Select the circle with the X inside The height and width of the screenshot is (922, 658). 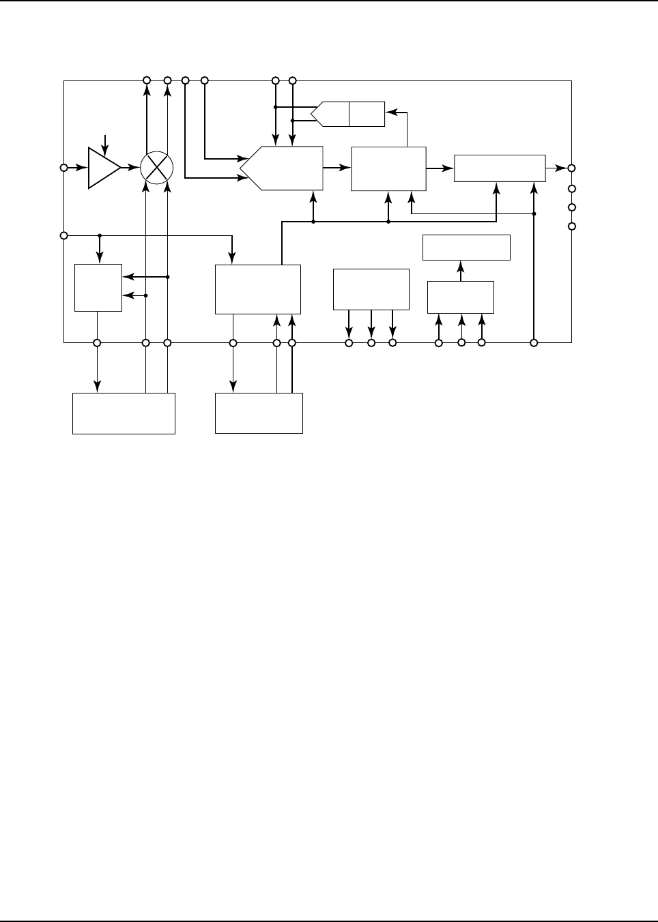(157, 168)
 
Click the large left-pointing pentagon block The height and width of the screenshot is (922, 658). (283, 168)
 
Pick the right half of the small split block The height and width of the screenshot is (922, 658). (367, 114)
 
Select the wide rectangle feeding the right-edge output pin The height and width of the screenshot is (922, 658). (500, 168)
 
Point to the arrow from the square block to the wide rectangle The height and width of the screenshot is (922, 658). (440, 168)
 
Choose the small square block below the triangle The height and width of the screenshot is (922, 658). (98, 288)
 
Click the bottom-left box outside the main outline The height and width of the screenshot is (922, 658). (124, 413)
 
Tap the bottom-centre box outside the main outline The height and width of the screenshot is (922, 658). (259, 413)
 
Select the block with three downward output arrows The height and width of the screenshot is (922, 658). (371, 289)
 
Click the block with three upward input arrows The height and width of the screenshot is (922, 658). (460, 297)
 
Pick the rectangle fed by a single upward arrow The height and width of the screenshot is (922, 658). (466, 248)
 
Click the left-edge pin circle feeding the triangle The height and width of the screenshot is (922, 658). (63, 168)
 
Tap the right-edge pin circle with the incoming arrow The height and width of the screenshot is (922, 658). (572, 168)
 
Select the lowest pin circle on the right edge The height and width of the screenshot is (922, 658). (572, 226)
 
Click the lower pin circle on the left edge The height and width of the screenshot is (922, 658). (63, 235)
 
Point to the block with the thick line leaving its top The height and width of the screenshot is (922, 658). (257, 289)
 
